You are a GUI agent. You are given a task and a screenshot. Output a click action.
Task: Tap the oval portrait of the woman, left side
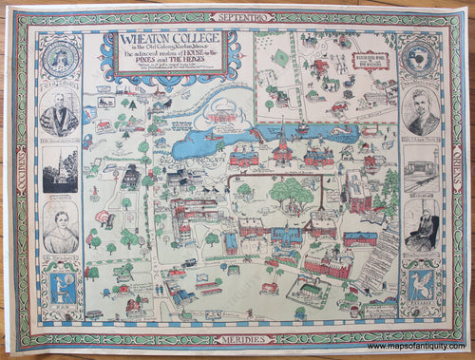click(x=60, y=231)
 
